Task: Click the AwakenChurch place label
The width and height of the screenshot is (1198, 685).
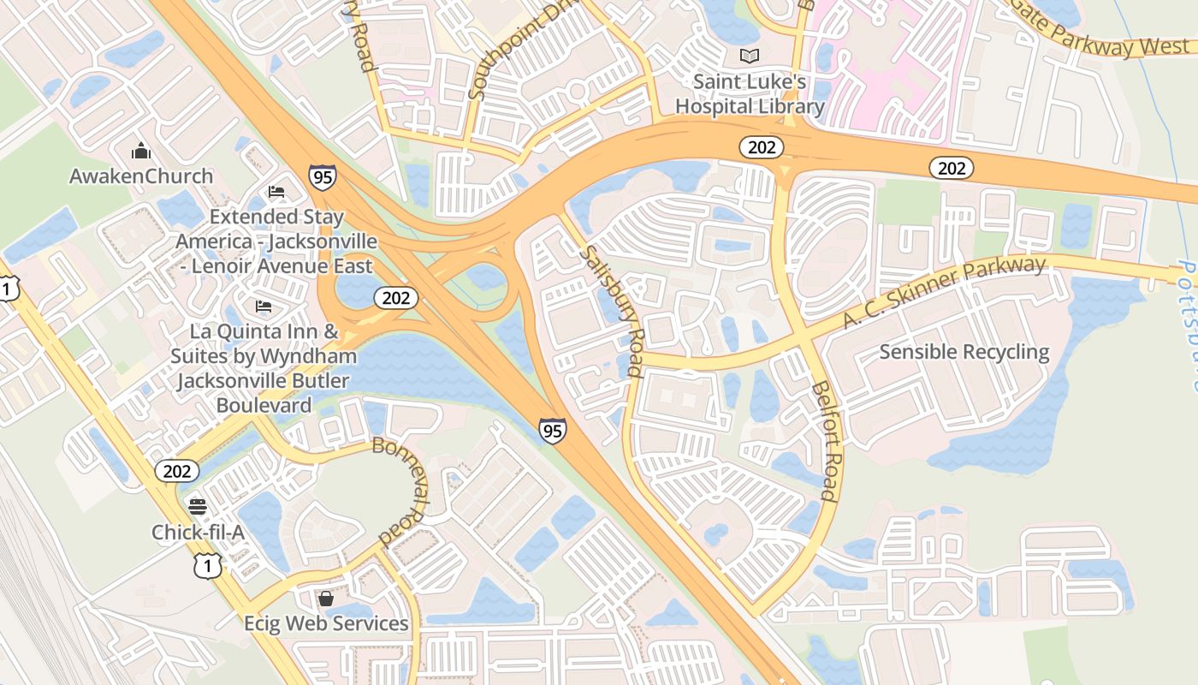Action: point(141,176)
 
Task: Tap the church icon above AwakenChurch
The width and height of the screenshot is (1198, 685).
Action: point(141,152)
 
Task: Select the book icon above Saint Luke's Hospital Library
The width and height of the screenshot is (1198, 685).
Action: point(750,57)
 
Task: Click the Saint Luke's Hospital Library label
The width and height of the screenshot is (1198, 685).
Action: point(750,94)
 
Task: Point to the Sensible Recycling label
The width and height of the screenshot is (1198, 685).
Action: point(964,352)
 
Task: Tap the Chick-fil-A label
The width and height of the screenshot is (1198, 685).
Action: point(198,533)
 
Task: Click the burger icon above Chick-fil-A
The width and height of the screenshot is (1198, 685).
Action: point(198,506)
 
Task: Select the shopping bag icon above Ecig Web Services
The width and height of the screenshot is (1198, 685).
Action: point(325,598)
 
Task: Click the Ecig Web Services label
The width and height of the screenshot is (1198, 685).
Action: point(325,623)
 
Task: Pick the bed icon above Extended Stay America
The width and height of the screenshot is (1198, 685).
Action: point(276,191)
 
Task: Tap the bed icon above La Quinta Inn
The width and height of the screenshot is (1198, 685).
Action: point(264,306)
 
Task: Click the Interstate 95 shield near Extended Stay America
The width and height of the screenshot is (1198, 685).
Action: point(323,177)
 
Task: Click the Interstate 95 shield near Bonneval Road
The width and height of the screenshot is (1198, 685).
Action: point(553,430)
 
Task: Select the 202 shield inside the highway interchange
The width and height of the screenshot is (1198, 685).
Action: point(396,298)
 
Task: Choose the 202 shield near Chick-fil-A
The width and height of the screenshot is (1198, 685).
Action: point(177,470)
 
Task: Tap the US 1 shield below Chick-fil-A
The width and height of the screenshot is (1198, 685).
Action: point(208,564)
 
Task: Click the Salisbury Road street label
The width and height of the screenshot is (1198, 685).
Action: point(611,312)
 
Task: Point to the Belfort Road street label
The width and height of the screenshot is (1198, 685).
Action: point(826,441)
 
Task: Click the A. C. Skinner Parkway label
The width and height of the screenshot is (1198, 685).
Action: point(944,292)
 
